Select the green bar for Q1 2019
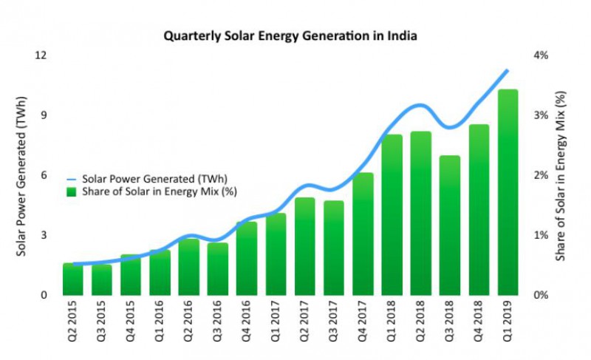click(508, 192)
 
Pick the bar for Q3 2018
click(450, 225)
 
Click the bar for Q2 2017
click(305, 246)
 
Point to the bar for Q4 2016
click(247, 258)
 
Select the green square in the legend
click(72, 191)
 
